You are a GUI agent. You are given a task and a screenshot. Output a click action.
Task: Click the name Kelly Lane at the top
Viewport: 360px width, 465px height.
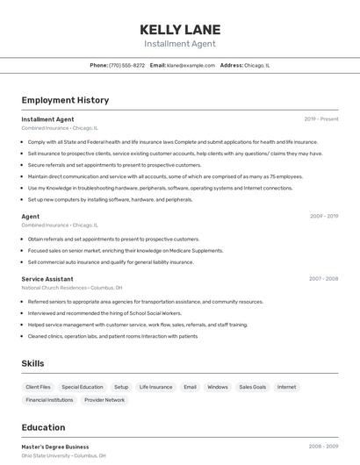tap(180, 29)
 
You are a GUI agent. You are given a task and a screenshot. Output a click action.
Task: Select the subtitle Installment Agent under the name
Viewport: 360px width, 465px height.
tap(180, 44)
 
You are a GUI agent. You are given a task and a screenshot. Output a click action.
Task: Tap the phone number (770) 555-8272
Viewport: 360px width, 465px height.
tap(127, 65)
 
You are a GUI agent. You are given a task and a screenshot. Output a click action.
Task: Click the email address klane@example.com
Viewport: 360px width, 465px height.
tap(191, 65)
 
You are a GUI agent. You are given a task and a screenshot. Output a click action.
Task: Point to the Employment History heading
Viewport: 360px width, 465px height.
tap(65, 100)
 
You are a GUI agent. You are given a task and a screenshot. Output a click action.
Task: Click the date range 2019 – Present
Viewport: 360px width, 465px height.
tap(321, 119)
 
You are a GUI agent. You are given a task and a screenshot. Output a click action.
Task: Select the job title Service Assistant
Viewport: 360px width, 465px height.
tap(47, 279)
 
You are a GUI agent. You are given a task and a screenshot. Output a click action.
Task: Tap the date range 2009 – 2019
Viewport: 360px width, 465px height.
tap(324, 216)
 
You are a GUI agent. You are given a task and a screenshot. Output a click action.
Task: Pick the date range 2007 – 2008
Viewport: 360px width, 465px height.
tap(323, 279)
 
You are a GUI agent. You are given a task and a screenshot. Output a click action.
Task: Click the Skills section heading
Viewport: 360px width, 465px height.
tap(32, 363)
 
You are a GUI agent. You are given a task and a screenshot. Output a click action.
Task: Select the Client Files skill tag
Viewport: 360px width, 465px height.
tap(39, 387)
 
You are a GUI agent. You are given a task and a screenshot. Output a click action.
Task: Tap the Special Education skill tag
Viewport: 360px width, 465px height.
tap(83, 387)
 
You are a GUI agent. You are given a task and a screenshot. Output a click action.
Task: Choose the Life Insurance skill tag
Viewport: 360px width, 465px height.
tap(155, 387)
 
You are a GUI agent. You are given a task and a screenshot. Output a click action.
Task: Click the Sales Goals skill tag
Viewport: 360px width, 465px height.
tap(252, 387)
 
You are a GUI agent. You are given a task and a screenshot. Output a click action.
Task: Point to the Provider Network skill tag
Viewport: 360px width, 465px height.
tap(104, 400)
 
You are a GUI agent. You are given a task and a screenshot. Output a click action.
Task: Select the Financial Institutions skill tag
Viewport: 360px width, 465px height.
tap(49, 400)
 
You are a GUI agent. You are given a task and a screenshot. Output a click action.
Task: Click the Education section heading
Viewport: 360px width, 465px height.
tap(43, 428)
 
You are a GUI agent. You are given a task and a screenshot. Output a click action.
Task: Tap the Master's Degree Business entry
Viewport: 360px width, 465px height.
tap(55, 447)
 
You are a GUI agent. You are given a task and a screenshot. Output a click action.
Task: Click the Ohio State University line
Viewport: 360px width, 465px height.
tap(63, 456)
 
